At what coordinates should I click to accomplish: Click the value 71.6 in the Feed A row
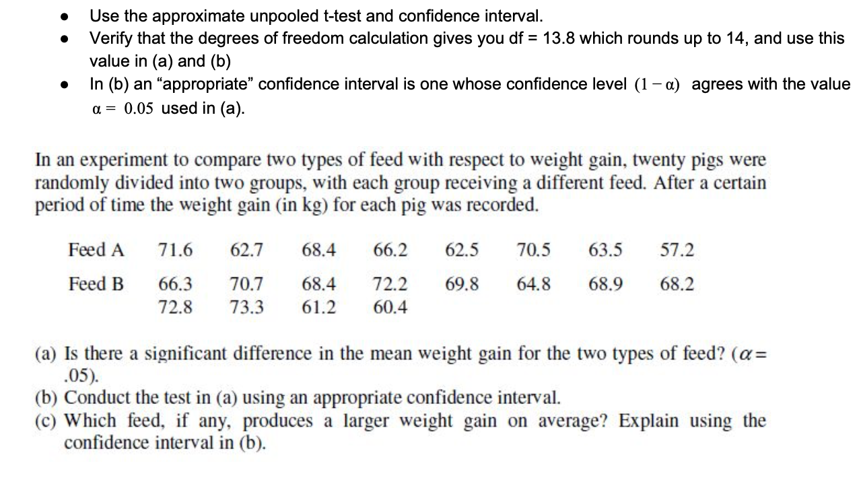pos(175,250)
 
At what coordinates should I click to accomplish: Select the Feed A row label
pos(96,250)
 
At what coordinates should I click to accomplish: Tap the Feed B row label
pos(96,284)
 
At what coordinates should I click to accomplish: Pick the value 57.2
pos(677,250)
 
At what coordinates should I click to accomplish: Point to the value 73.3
pos(247,308)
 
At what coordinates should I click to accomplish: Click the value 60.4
pos(390,308)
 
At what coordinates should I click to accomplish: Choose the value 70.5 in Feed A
pos(534,250)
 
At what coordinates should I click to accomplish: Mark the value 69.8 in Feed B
pos(462,284)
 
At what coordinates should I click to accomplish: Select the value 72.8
pos(175,308)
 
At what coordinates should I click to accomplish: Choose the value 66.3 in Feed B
pos(175,284)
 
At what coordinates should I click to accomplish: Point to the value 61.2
pos(319,308)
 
